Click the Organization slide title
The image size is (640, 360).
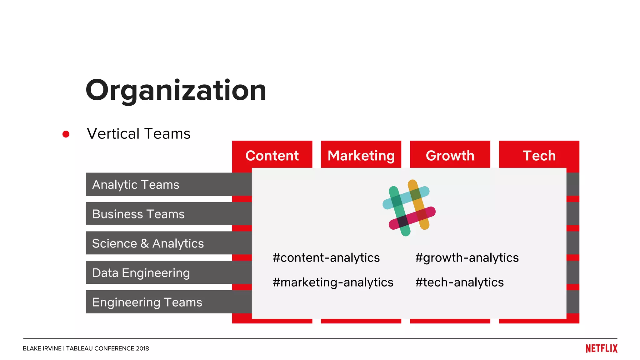176,91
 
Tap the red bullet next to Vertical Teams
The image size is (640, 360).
66,134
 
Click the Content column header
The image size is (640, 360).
272,155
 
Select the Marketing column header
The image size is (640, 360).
361,155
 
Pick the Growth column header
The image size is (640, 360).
450,155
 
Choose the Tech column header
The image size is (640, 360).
539,155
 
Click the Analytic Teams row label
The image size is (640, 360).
136,184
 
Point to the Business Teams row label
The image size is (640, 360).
138,214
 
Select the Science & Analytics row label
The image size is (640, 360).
148,243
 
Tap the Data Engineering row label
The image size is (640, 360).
141,272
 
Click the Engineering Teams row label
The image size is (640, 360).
147,302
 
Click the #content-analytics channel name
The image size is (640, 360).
326,257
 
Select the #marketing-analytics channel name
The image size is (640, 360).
333,282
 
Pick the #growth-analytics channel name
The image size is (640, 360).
467,257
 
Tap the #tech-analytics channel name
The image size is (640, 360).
459,282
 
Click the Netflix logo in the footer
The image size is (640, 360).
601,348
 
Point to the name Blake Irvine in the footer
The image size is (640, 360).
42,348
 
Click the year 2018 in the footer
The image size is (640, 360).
142,348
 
